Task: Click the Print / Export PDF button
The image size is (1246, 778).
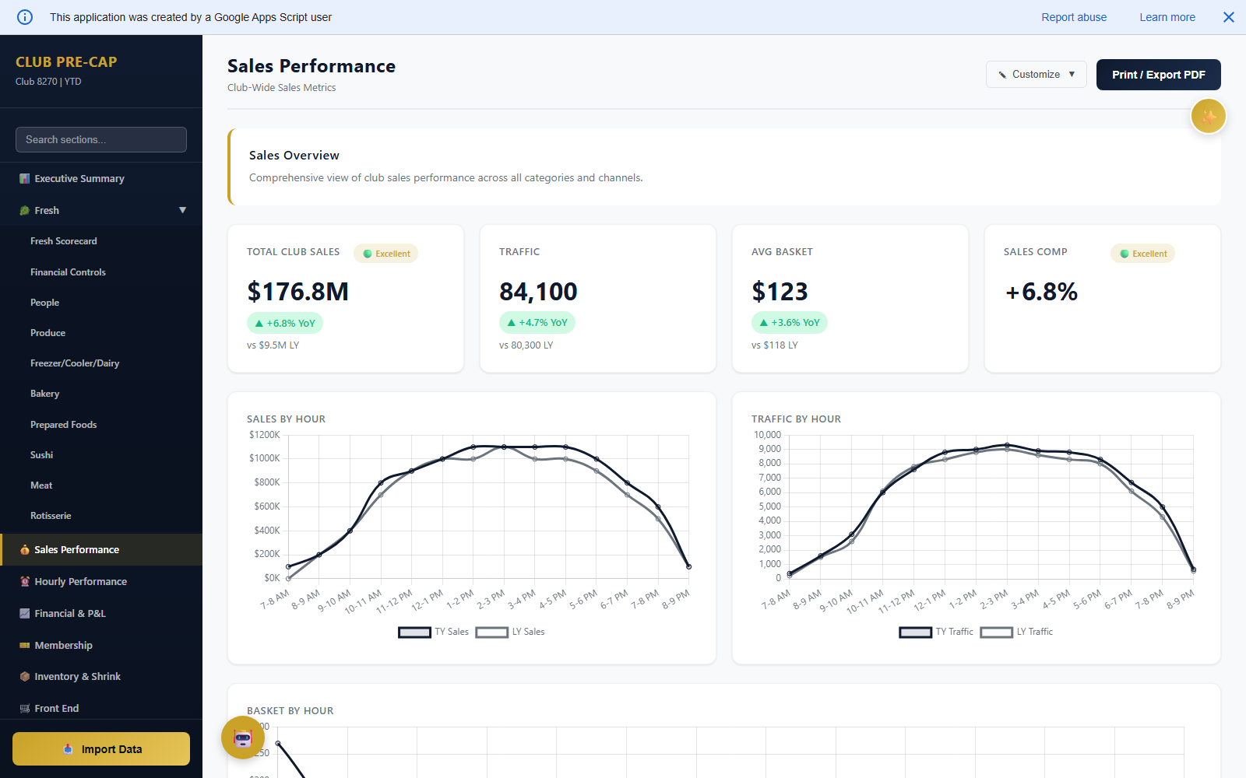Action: [1158, 75]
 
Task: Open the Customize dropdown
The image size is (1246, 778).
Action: [1036, 75]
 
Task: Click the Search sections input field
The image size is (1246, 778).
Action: [101, 140]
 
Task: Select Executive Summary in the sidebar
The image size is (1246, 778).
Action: [79, 179]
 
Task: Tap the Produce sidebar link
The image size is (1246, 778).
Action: [48, 333]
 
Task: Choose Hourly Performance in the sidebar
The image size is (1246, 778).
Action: [80, 582]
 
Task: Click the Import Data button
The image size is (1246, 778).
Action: [101, 749]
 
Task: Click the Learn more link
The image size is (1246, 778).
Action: [1167, 17]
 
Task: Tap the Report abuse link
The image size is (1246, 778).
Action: [1073, 17]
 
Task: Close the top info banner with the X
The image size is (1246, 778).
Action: [1228, 17]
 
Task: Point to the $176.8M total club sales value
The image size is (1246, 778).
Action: [297, 292]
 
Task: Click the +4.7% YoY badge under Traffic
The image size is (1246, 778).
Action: [537, 323]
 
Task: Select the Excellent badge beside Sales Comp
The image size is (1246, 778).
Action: [1142, 254]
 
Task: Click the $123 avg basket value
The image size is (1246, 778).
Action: [780, 292]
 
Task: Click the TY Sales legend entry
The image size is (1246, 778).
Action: [434, 632]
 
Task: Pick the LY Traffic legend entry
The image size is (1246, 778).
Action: [1016, 632]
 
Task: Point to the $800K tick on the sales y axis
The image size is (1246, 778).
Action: [266, 482]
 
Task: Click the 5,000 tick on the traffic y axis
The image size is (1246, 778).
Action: [769, 506]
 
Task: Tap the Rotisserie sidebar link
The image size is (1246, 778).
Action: [51, 516]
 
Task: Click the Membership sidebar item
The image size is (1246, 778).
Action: [63, 646]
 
